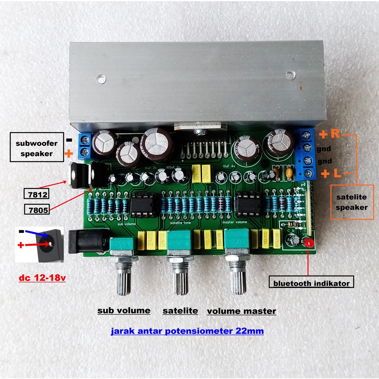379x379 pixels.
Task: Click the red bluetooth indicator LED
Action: coord(308,243)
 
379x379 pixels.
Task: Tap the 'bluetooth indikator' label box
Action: coord(311,284)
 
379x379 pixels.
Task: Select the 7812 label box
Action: coord(36,194)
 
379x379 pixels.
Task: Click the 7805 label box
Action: coord(37,209)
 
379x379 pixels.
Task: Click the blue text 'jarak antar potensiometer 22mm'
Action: coord(187,331)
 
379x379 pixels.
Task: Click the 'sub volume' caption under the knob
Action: coord(124,310)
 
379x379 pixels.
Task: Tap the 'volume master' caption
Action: coord(241,311)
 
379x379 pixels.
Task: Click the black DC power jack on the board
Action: coord(87,241)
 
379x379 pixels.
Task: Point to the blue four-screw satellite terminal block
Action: coord(307,154)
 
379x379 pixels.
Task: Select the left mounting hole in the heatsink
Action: coord(100,78)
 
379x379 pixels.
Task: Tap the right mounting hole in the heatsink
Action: coord(290,76)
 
